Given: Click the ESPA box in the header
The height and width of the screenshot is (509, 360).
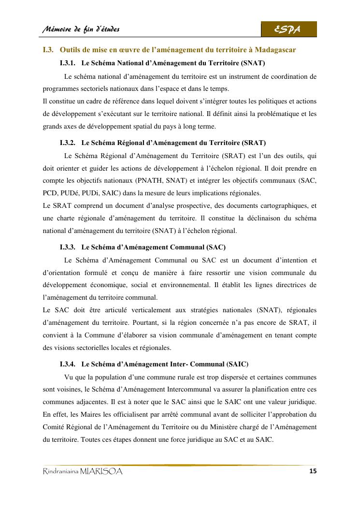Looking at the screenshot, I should click(288, 29).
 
